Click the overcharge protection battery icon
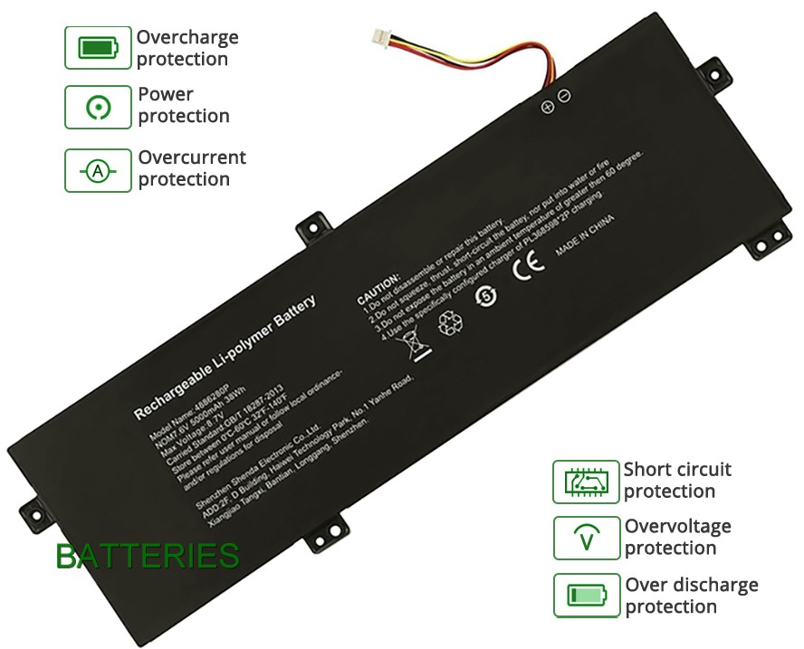[98, 48]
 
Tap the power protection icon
[98, 107]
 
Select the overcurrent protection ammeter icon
[98, 170]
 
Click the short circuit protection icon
[586, 482]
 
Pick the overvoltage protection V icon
[586, 539]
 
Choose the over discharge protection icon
[586, 596]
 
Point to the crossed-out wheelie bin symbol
[409, 343]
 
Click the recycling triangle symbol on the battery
[450, 323]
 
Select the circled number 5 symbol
[488, 295]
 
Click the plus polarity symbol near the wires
[548, 107]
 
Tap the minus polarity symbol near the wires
[564, 95]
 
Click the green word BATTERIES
[148, 556]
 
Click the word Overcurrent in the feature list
[192, 157]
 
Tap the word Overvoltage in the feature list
[677, 527]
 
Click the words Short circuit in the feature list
[677, 470]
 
